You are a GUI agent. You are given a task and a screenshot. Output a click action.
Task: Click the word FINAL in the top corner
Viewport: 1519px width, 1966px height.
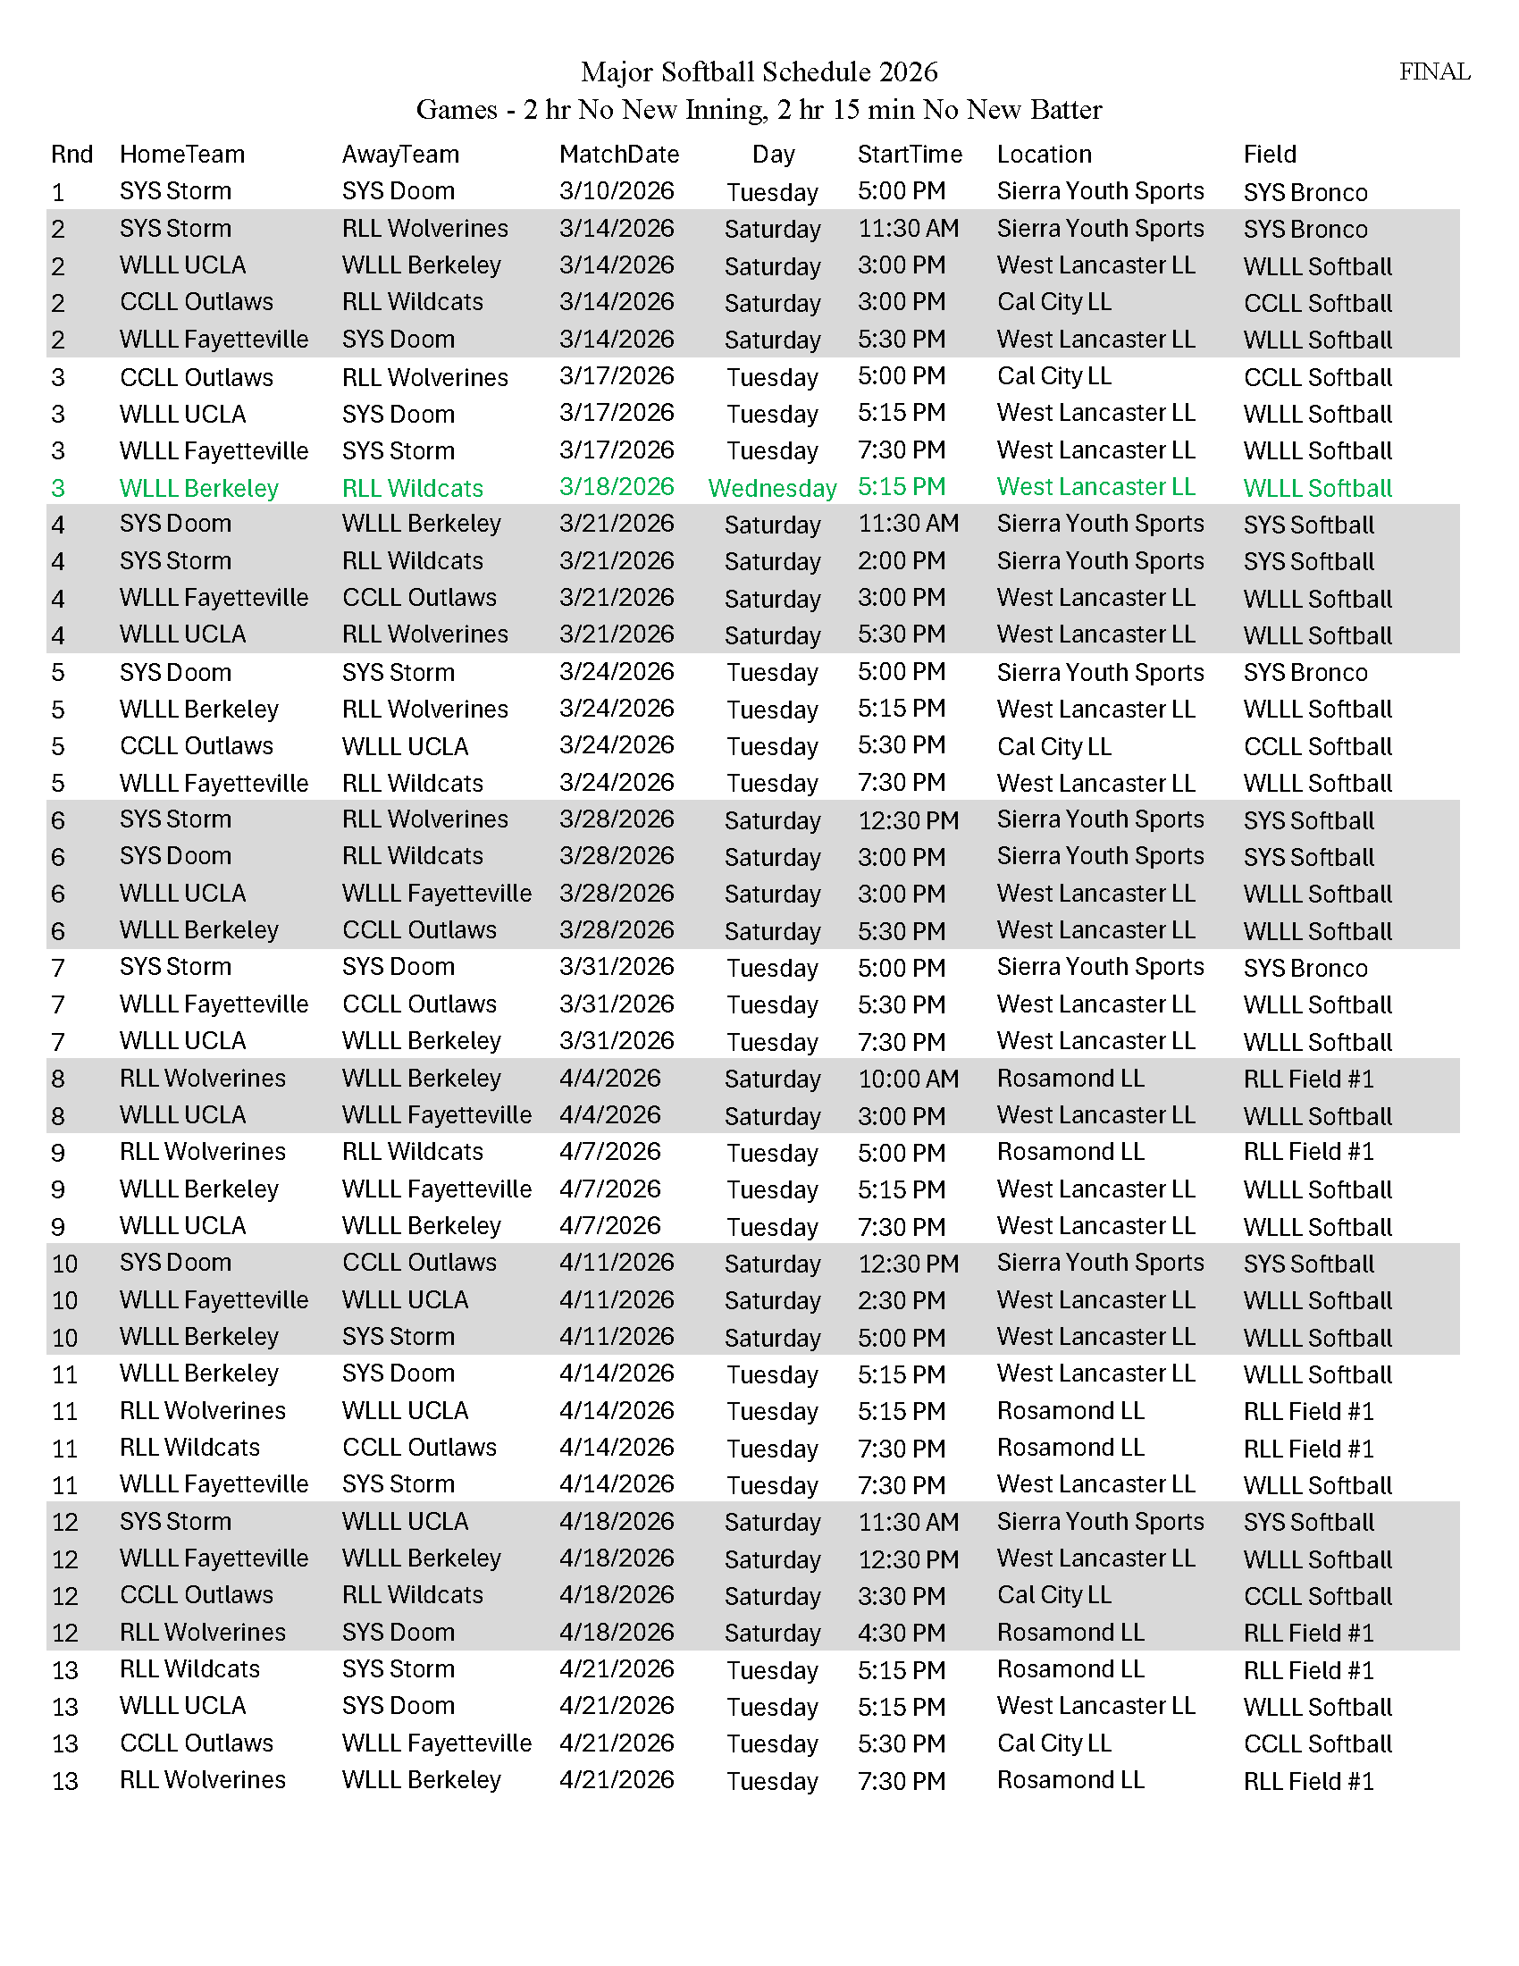click(x=1433, y=72)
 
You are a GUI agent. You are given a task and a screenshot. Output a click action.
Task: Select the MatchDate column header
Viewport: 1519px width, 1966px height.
click(x=618, y=155)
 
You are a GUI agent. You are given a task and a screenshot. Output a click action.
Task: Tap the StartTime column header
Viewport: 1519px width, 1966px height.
click(x=909, y=155)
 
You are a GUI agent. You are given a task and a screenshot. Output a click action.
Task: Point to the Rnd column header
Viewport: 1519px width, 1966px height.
click(x=72, y=155)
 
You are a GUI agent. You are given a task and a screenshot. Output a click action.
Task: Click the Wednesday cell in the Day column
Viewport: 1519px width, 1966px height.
click(x=772, y=488)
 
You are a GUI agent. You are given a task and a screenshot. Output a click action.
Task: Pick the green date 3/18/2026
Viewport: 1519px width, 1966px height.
click(x=617, y=487)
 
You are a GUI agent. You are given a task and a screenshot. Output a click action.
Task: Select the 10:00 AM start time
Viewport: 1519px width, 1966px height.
click(x=908, y=1079)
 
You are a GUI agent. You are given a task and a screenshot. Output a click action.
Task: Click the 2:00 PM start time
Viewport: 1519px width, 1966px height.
click(x=901, y=561)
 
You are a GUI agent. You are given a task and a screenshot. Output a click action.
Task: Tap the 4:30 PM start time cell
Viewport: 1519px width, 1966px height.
click(x=901, y=1632)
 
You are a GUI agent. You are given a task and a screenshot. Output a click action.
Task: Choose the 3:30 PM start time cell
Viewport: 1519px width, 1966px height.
click(x=901, y=1595)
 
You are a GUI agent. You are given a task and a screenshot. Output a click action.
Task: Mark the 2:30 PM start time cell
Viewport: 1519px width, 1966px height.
click(x=901, y=1300)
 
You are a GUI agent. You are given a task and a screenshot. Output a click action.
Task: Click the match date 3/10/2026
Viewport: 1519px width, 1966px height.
click(x=617, y=191)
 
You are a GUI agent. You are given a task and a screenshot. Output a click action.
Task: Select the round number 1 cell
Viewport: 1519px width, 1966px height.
click(x=58, y=193)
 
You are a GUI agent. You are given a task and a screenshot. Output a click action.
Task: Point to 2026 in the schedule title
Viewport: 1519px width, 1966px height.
click(x=908, y=72)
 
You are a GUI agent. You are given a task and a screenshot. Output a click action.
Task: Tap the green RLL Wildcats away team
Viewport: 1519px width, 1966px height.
click(x=412, y=488)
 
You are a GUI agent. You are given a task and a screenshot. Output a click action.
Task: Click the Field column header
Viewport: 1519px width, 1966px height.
click(x=1269, y=155)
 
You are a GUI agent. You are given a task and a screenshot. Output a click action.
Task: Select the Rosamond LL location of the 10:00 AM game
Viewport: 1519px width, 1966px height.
click(x=1070, y=1079)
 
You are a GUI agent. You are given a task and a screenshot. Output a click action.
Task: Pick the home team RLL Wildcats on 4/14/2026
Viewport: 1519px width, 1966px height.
click(x=189, y=1448)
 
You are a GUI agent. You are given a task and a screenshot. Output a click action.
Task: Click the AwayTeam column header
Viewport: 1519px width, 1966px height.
click(x=400, y=155)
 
